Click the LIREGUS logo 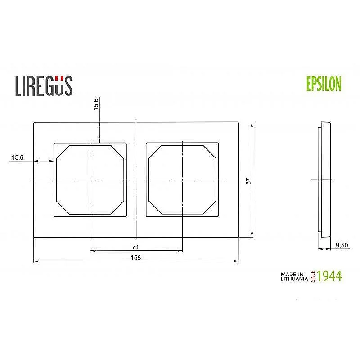(44, 85)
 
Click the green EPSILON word (324, 84)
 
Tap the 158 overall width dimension (135, 257)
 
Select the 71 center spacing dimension (135, 247)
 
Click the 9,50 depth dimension (343, 245)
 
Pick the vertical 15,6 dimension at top (96, 104)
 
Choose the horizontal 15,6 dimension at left (18, 157)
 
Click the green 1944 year (329, 276)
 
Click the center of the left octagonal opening (90, 180)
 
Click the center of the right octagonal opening (182, 180)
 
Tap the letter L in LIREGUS (19, 86)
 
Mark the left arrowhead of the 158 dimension (36, 261)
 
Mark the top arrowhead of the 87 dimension (252, 124)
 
